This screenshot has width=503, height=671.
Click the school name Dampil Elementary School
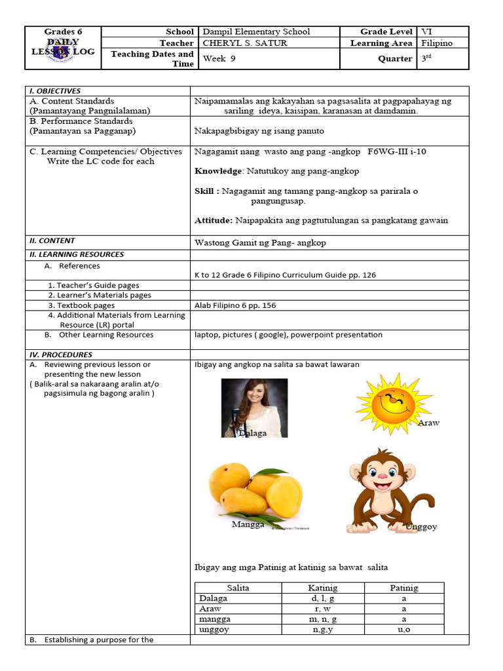point(256,31)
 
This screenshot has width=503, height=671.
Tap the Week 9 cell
point(214,58)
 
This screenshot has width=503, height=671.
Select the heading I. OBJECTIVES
point(55,91)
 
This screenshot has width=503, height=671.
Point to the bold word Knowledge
point(219,171)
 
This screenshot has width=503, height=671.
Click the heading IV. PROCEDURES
point(60,355)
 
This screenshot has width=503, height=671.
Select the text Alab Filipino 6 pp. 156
point(238,305)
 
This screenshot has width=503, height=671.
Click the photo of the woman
point(254,408)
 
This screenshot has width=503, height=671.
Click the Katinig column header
point(322,588)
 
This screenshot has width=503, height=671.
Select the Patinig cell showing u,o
point(403,629)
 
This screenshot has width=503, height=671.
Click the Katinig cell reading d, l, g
point(322,598)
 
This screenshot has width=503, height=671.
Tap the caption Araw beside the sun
point(428,423)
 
